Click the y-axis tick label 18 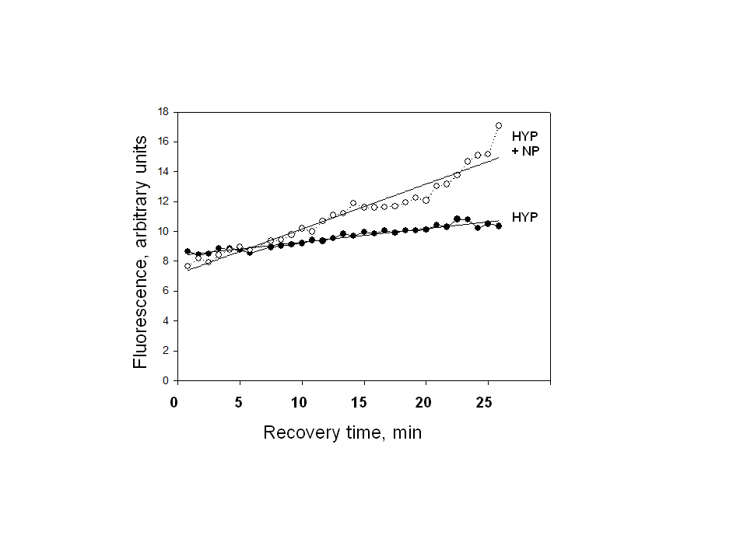click(x=163, y=111)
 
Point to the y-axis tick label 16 click(x=163, y=142)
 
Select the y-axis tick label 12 click(x=163, y=201)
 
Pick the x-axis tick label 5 click(x=239, y=403)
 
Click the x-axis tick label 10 click(x=299, y=403)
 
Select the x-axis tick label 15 click(x=360, y=403)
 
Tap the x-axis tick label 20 click(x=423, y=403)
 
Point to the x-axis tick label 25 click(x=485, y=403)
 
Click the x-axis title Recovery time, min click(x=342, y=432)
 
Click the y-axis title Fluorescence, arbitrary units click(x=140, y=252)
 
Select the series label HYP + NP click(x=525, y=143)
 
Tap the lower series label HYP click(x=525, y=217)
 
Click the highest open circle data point click(x=499, y=125)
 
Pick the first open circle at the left click(x=188, y=266)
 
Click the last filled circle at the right click(x=499, y=226)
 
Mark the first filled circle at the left click(x=188, y=251)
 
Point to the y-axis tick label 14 click(x=163, y=171)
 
